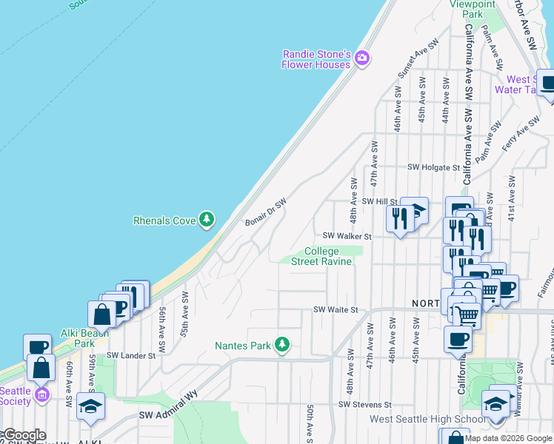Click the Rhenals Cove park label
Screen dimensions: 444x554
[x=164, y=221]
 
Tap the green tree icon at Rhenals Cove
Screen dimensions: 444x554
[x=207, y=219]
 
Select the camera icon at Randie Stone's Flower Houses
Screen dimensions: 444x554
[x=362, y=58]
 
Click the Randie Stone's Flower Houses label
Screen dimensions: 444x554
[x=316, y=59]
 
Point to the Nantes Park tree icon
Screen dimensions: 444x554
[x=281, y=344]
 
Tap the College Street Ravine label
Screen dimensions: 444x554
[x=322, y=256]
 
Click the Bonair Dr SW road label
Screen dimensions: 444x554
[x=264, y=212]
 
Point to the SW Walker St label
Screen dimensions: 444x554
[x=346, y=236]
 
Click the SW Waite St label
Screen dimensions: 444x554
[x=336, y=310]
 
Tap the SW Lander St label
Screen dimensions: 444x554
[x=130, y=355]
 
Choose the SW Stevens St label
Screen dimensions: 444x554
[x=364, y=405]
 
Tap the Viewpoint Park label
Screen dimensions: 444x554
[x=472, y=8]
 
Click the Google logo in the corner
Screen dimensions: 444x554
[x=23, y=435]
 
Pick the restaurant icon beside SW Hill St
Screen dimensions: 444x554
[x=398, y=218]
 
